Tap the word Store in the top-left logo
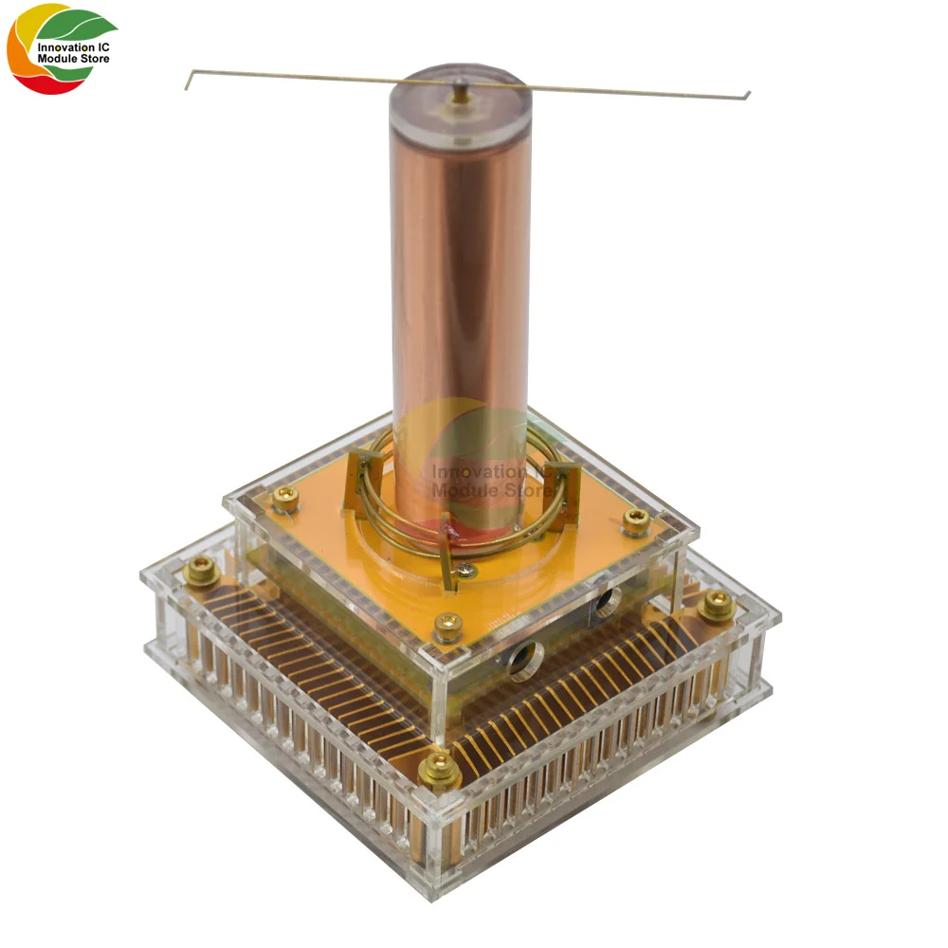pyautogui.click(x=92, y=59)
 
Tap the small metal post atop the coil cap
pyautogui.click(x=459, y=90)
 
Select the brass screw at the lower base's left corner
pyautogui.click(x=201, y=569)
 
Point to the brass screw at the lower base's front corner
pyautogui.click(x=440, y=771)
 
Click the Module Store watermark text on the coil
pyautogui.click(x=488, y=490)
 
